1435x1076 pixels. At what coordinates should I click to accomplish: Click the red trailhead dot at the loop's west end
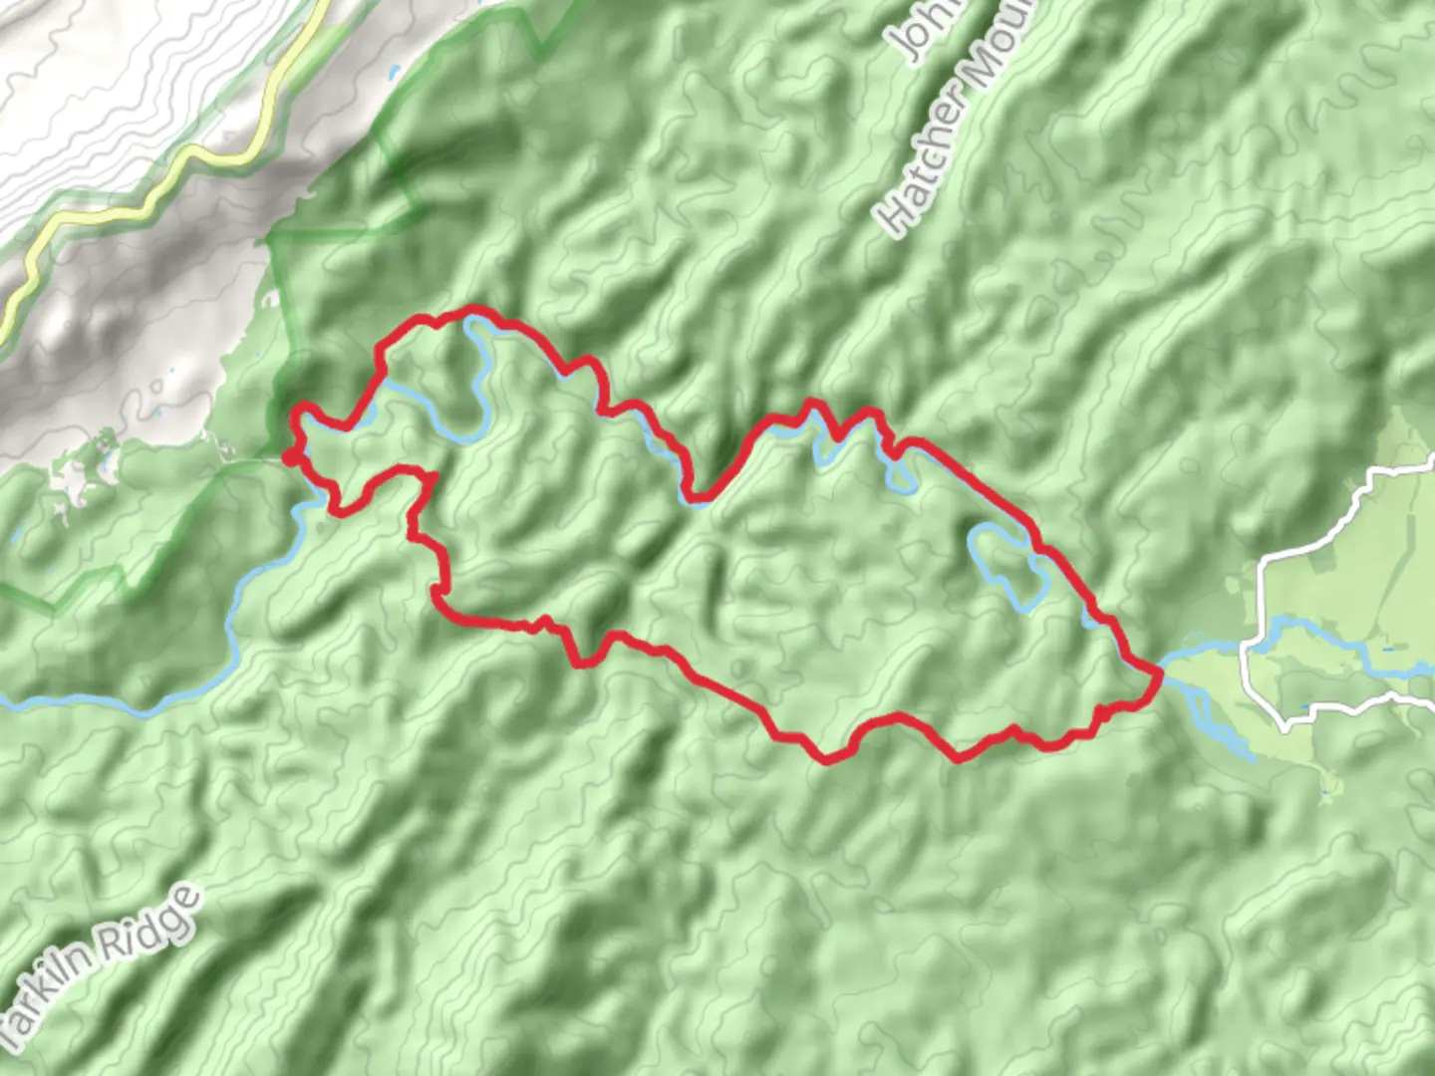[289, 457]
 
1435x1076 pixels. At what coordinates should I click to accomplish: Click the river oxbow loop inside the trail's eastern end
[1006, 563]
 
